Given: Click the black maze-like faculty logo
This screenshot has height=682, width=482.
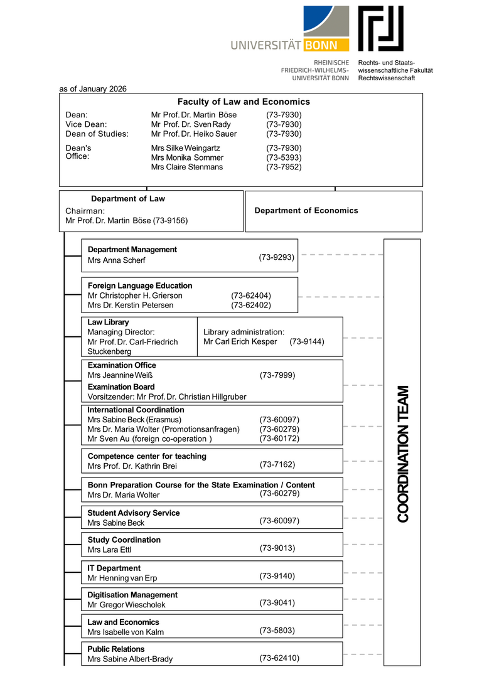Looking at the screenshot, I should pyautogui.click(x=380, y=28).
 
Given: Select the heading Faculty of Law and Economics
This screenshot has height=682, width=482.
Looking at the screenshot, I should pyautogui.click(x=244, y=102).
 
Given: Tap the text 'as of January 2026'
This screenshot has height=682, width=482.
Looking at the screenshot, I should pyautogui.click(x=93, y=88).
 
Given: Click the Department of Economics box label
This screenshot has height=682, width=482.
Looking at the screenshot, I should pyautogui.click(x=306, y=211).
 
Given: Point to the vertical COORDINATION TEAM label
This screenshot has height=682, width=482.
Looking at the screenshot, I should pyautogui.click(x=403, y=453).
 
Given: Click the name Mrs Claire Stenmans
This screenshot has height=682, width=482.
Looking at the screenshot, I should pyautogui.click(x=187, y=167).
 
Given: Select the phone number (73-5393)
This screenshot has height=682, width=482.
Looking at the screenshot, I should pyautogui.click(x=284, y=157).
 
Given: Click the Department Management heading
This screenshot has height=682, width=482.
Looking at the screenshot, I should pyautogui.click(x=132, y=250).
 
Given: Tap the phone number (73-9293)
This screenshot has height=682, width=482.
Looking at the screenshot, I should pyautogui.click(x=277, y=257).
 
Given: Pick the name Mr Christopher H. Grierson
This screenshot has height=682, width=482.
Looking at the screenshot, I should pyautogui.click(x=135, y=296).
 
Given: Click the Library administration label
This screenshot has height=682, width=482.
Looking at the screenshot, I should pyautogui.click(x=244, y=332).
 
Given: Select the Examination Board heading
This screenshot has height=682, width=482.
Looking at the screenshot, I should pyautogui.click(x=121, y=386).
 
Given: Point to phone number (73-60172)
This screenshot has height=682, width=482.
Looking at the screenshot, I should pyautogui.click(x=279, y=439).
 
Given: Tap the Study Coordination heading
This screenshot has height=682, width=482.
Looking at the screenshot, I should pyautogui.click(x=124, y=540).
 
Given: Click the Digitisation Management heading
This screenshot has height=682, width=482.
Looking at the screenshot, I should pyautogui.click(x=132, y=595).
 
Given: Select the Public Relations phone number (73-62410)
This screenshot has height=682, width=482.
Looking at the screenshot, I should pyautogui.click(x=279, y=658).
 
